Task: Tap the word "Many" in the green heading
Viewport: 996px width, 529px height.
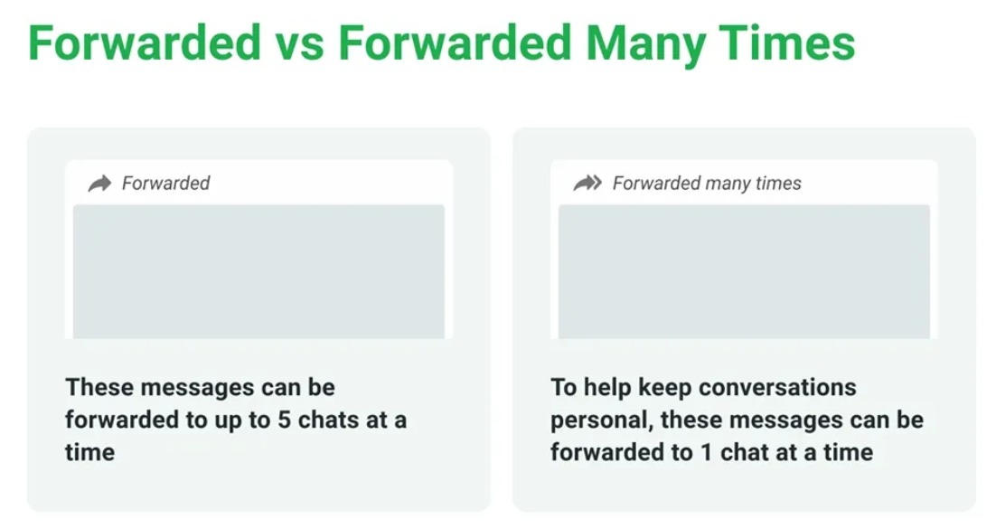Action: click(x=644, y=44)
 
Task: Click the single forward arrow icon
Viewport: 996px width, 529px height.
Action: click(x=99, y=184)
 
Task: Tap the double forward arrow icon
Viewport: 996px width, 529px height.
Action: click(x=587, y=183)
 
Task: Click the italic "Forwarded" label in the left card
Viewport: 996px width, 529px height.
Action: click(x=165, y=183)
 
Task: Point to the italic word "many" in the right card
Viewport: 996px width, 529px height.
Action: click(x=728, y=184)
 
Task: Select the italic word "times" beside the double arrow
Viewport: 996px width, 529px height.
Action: click(x=779, y=183)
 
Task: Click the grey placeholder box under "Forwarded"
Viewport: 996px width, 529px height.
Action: click(x=258, y=271)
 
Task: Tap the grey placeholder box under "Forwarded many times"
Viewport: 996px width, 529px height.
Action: click(x=744, y=271)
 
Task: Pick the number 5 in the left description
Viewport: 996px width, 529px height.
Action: click(x=284, y=420)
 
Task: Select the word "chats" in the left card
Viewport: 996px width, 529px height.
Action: click(x=328, y=420)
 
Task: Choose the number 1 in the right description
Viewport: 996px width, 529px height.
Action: click(x=707, y=453)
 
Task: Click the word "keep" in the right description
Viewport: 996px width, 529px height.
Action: click(x=662, y=388)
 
